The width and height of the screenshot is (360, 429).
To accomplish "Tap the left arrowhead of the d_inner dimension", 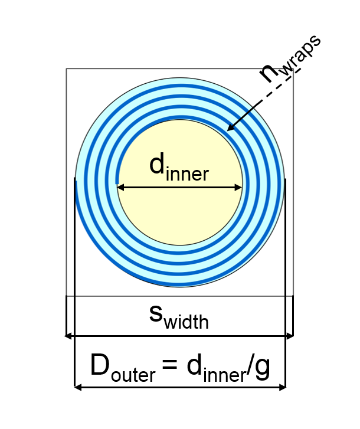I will point(119,188).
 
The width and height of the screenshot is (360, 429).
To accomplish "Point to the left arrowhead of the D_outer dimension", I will point(77,387).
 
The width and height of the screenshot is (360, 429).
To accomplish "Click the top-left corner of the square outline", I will point(66,69).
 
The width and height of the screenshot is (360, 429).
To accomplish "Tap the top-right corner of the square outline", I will point(293,69).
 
